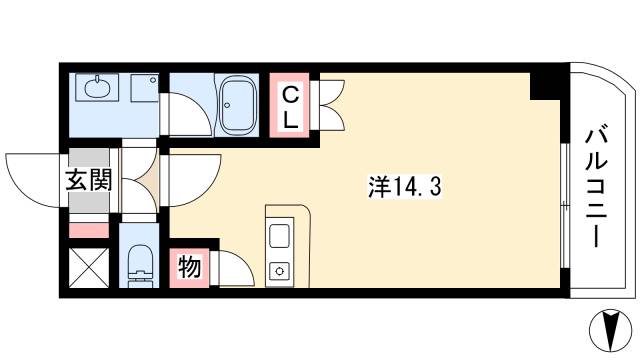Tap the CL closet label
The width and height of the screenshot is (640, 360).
[x=290, y=107]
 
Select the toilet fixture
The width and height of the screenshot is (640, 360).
[x=139, y=267]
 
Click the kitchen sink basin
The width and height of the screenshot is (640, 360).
[x=280, y=237]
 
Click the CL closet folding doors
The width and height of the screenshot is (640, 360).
[x=329, y=105]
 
